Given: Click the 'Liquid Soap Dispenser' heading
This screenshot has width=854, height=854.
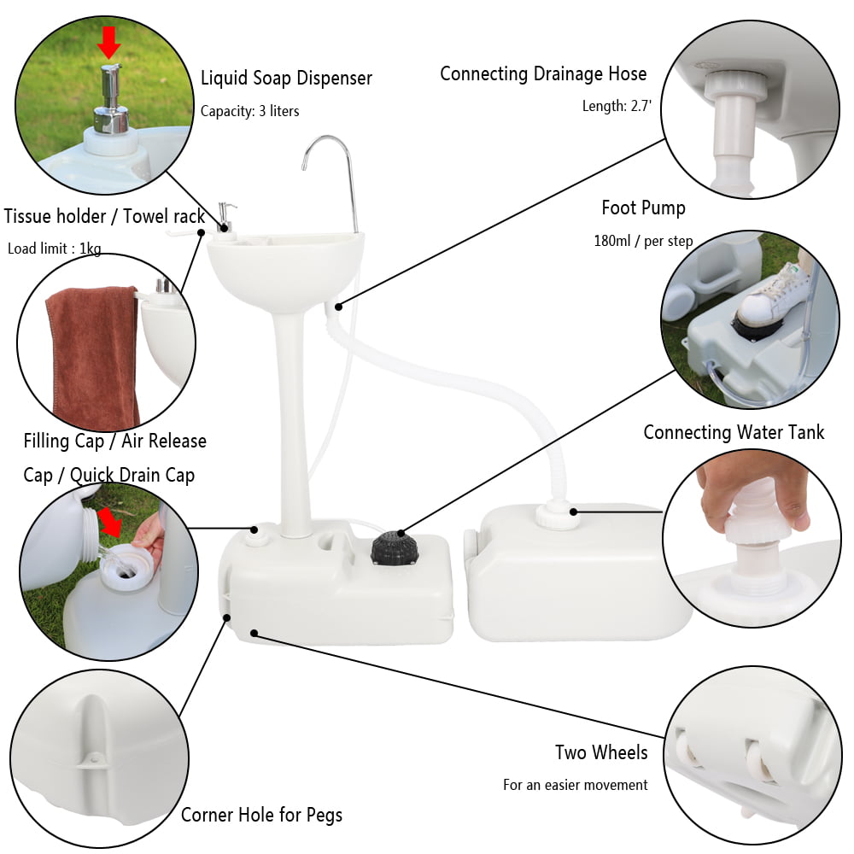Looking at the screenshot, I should point(286,79).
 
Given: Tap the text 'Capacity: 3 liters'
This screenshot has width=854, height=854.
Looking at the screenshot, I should point(249,111).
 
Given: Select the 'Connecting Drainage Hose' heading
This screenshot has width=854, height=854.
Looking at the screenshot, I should point(543,74).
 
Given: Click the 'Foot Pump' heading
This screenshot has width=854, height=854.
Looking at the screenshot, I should point(643,208).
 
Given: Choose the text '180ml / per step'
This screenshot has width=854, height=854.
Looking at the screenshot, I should point(643,241).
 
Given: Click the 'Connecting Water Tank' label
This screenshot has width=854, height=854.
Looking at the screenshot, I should point(734,432).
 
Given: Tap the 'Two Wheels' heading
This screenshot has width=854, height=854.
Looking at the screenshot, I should point(601,752).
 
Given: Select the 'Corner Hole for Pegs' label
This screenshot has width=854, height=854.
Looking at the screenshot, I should point(261,815).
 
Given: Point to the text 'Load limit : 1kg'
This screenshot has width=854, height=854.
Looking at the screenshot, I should point(55,249).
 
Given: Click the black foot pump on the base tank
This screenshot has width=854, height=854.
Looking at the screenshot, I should point(395,547).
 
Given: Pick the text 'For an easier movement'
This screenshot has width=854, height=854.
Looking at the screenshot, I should point(576,785).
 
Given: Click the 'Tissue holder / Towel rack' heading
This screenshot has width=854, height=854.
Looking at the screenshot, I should point(104,216).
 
